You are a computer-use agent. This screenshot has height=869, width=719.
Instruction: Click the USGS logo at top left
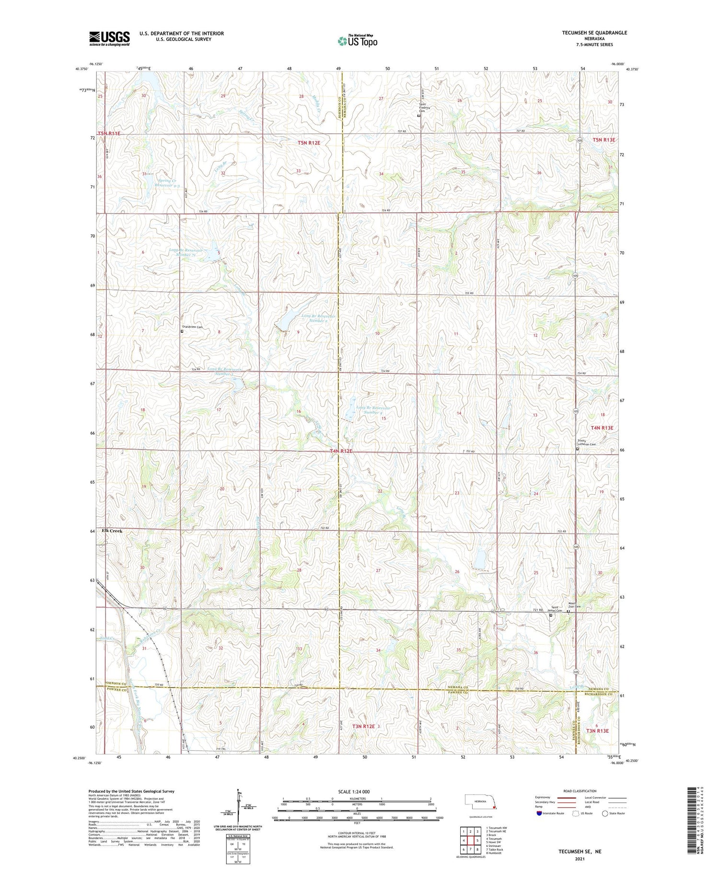point(109,38)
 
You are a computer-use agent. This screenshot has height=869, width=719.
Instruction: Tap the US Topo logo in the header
point(357,41)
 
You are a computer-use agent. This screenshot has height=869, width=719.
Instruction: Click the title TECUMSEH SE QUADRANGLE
point(594,33)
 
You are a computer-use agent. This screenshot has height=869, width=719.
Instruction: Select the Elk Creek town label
point(112,531)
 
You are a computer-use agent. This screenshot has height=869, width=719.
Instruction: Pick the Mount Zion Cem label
point(574,605)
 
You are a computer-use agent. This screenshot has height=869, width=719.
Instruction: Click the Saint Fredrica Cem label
point(424,107)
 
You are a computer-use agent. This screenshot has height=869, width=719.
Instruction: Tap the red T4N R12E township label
point(341,451)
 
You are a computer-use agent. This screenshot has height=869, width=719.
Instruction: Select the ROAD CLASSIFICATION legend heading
point(580,791)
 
